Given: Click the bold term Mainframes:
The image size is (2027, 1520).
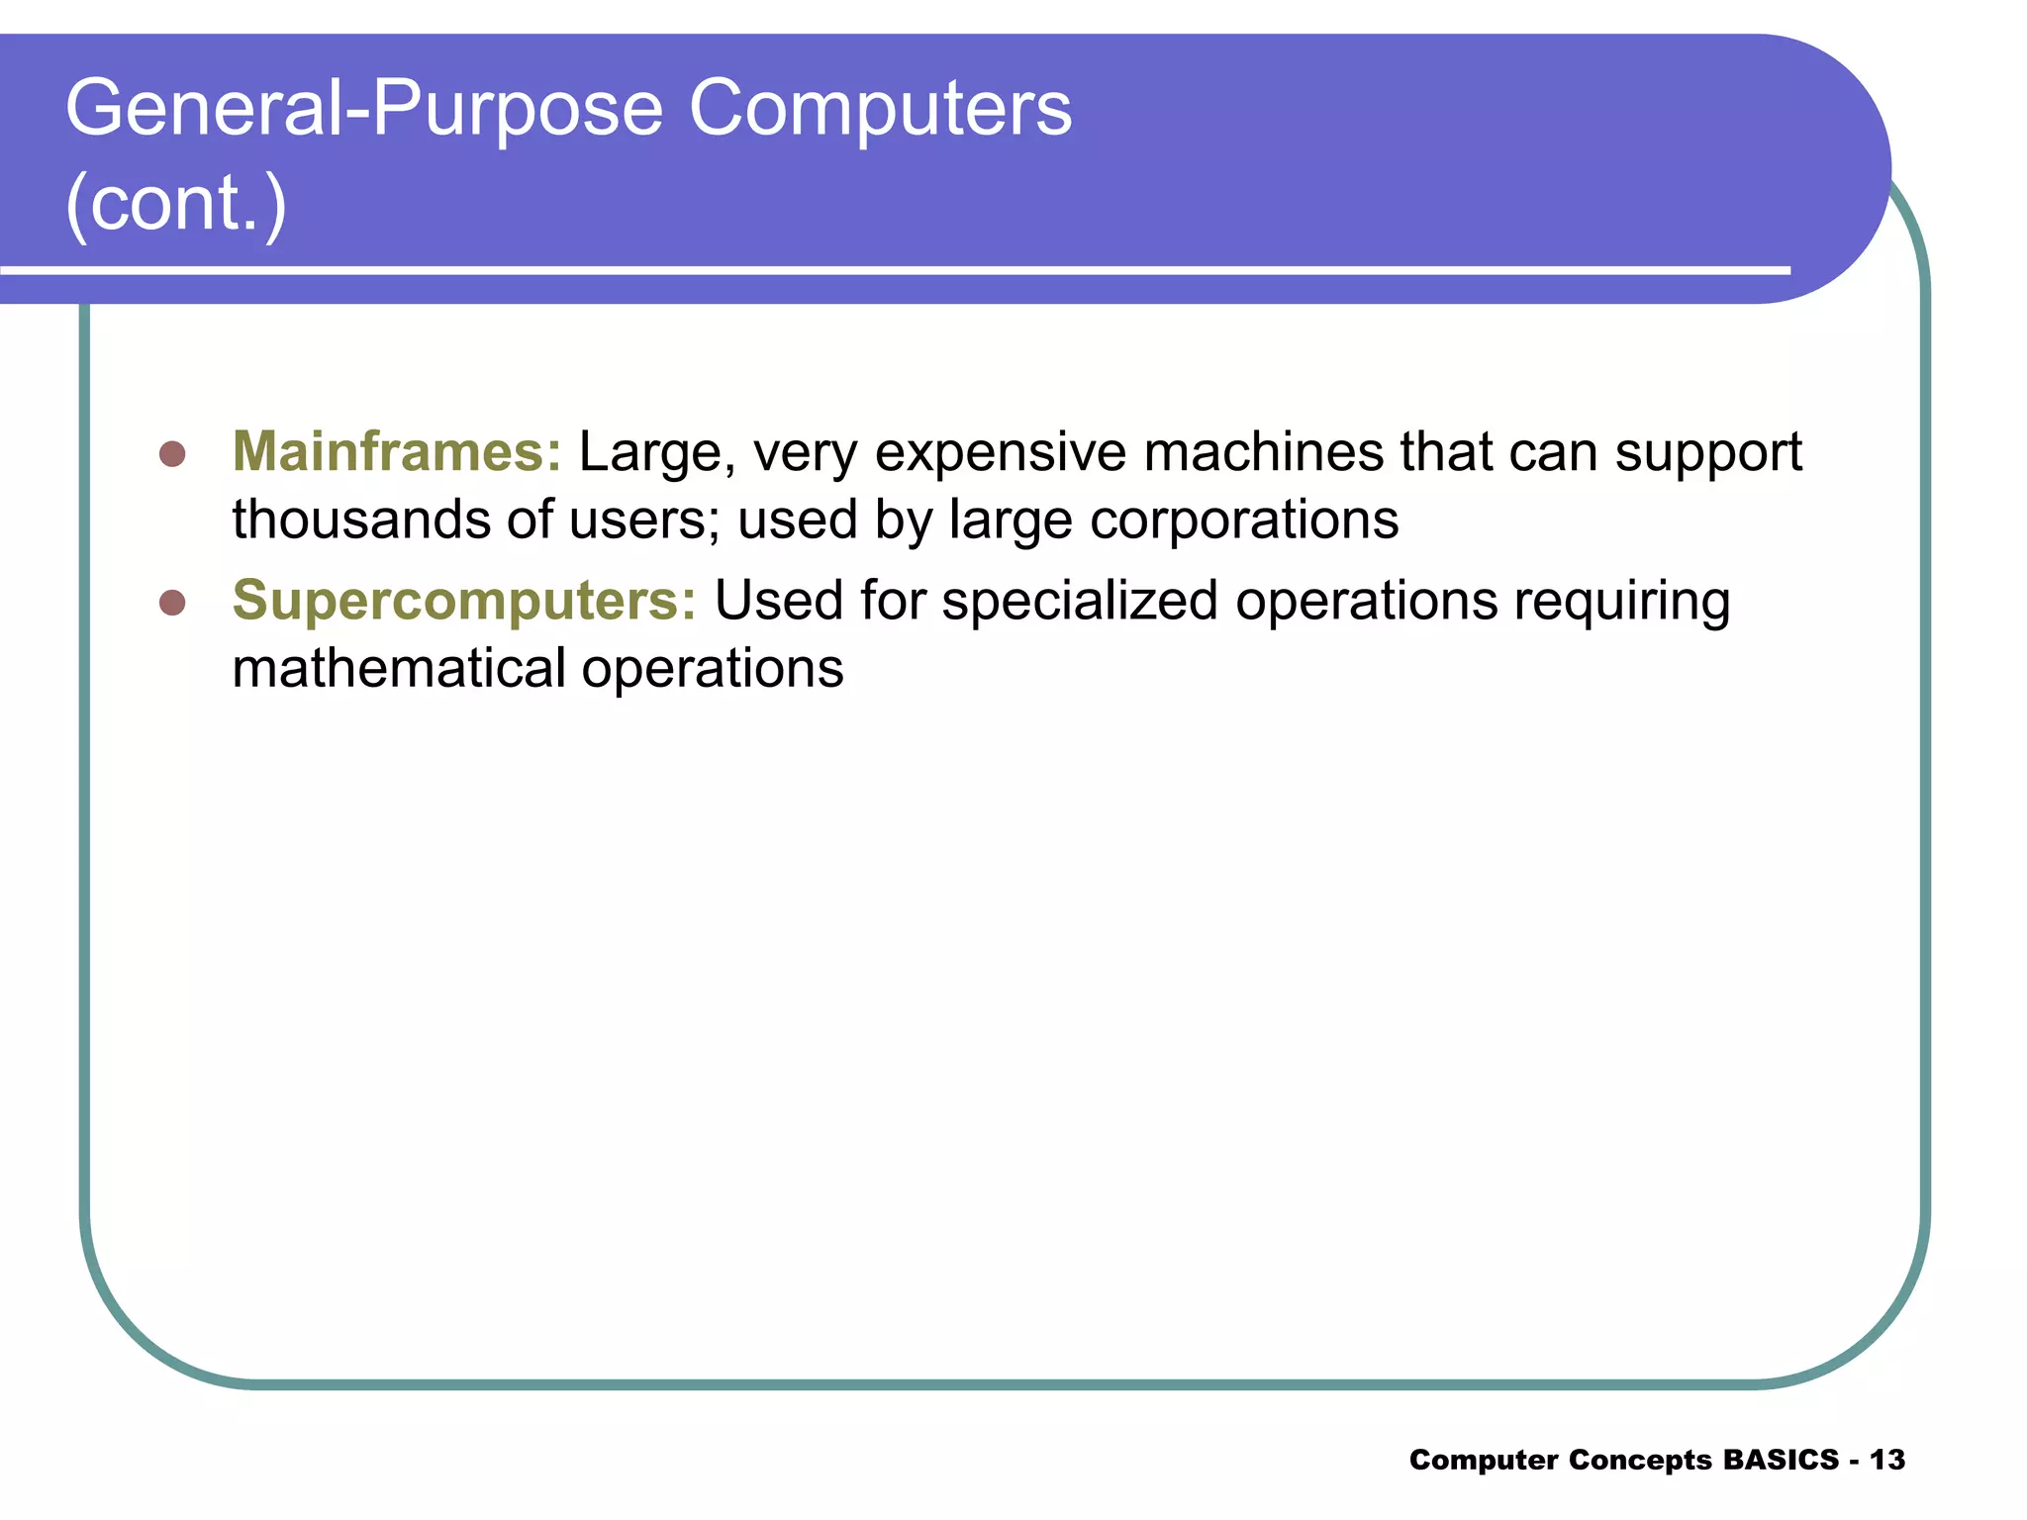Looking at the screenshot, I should pyautogui.click(x=396, y=452).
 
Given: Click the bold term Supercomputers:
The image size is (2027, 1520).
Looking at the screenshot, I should pyautogui.click(x=464, y=601).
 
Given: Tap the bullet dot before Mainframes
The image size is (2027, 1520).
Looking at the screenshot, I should pyautogui.click(x=172, y=454).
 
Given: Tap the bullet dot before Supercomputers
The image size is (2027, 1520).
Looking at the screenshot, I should pyautogui.click(x=172, y=603).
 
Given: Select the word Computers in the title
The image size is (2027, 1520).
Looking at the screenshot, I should pyautogui.click(x=880, y=108).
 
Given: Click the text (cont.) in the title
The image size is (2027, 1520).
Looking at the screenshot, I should pyautogui.click(x=176, y=203).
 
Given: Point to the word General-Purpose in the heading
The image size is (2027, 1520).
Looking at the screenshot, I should pyautogui.click(x=364, y=109).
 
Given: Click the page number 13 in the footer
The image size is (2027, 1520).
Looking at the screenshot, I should pyautogui.click(x=1887, y=1460).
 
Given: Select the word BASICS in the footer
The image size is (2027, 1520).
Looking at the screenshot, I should pyautogui.click(x=1781, y=1460).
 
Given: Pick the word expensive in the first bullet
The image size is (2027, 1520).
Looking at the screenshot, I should pyautogui.click(x=1001, y=454).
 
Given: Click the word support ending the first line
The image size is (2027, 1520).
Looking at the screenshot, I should pyautogui.click(x=1708, y=454).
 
